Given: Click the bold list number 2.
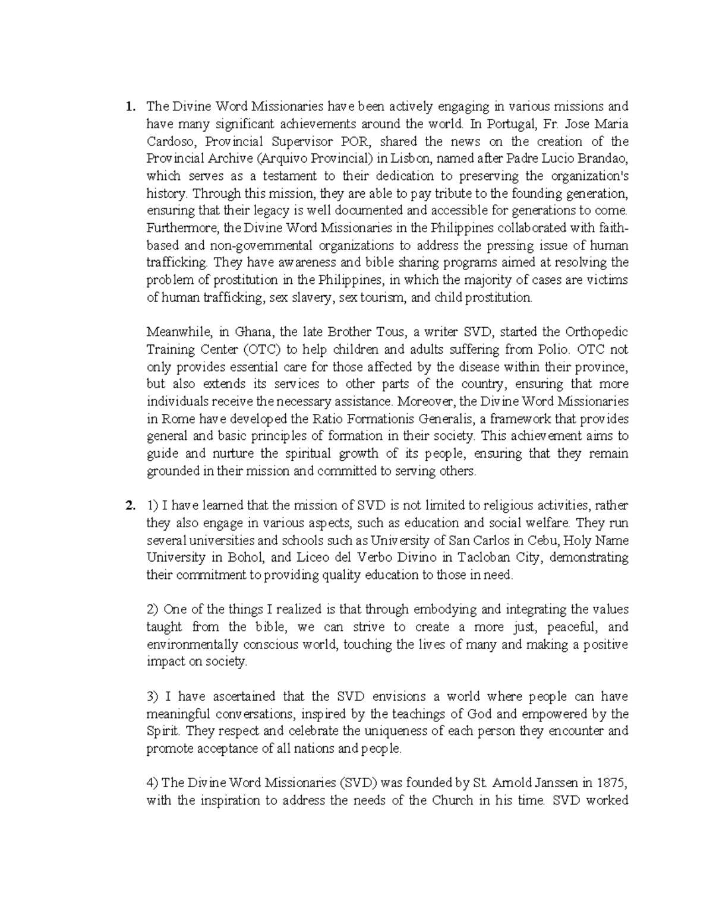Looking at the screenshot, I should (128, 506).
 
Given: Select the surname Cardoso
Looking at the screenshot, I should (169, 142).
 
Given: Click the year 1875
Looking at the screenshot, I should (614, 783).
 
